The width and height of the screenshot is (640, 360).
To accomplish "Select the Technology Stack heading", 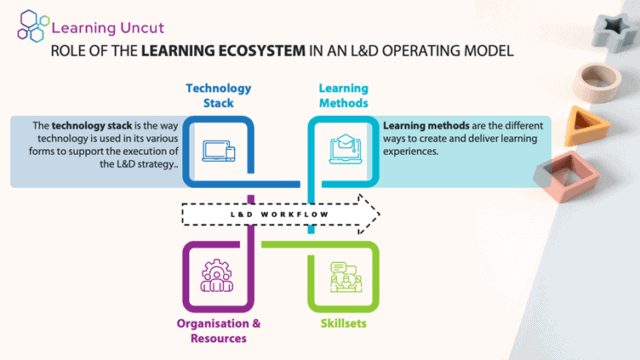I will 218,96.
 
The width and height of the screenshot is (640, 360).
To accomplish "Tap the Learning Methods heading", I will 343,96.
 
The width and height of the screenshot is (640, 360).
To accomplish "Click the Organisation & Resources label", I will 218,330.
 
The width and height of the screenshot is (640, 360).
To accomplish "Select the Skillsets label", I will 343,325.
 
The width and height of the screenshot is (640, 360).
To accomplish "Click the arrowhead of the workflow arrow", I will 369,212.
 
